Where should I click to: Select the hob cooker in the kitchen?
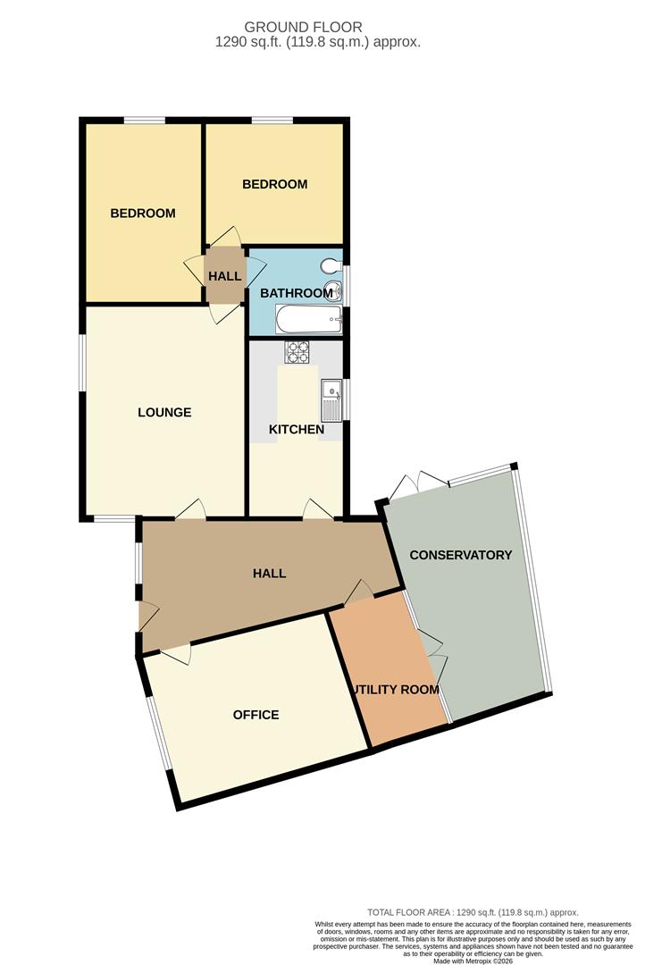[297, 352]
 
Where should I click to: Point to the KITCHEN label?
[297, 430]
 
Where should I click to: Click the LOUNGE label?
[164, 413]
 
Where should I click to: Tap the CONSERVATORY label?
[460, 555]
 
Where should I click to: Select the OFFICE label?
[256, 715]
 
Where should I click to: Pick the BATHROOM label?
[296, 293]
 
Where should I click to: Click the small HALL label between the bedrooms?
[224, 277]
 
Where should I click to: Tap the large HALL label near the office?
[269, 573]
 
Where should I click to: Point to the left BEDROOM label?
[143, 214]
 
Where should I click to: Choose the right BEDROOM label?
[275, 184]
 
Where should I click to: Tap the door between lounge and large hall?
[191, 510]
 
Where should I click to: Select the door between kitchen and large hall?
[318, 510]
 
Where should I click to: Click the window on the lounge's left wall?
[81, 362]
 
